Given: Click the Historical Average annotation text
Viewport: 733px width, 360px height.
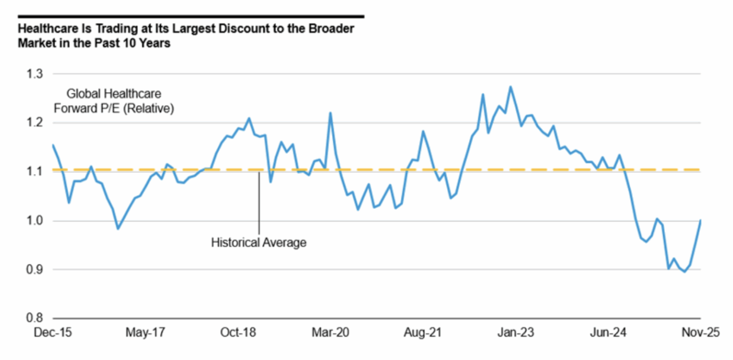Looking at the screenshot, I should click(x=259, y=243).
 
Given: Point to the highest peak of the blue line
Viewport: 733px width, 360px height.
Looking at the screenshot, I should click(x=510, y=87).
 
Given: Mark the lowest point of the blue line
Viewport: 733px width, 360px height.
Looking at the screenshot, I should click(x=684, y=272).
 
